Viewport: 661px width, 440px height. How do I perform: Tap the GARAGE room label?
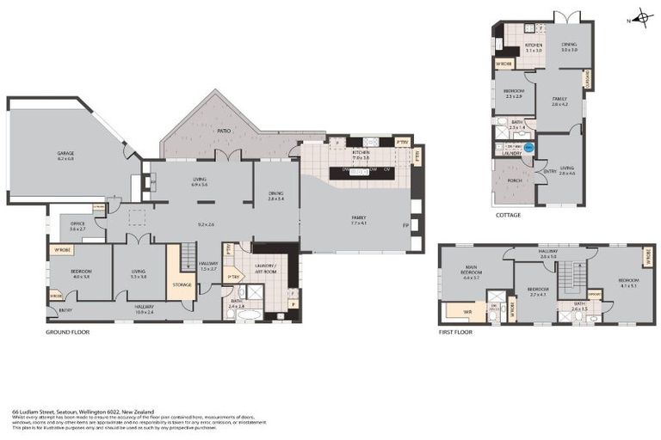click(x=65, y=155)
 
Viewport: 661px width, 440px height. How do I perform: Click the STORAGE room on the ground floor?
click(x=182, y=284)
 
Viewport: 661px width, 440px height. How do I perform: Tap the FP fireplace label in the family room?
click(x=405, y=225)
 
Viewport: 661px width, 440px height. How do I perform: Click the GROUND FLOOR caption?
click(x=67, y=331)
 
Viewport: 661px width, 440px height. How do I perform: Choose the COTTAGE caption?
click(x=508, y=215)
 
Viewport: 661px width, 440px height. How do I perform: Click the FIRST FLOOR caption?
click(x=456, y=331)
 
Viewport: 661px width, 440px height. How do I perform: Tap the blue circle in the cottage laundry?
click(x=528, y=148)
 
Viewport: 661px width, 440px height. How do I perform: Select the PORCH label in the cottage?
click(x=515, y=180)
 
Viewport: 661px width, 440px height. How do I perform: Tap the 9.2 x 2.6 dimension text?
click(x=206, y=224)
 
